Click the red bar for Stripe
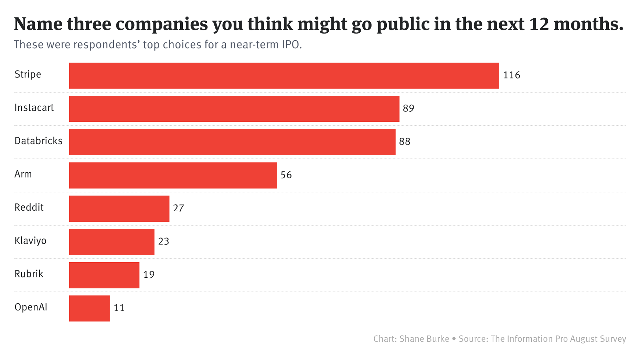click(284, 75)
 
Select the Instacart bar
click(234, 109)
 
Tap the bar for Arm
click(173, 175)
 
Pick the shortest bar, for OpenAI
click(89, 308)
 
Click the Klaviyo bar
click(111, 242)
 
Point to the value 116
click(511, 75)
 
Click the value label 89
click(408, 109)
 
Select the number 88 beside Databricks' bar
click(405, 142)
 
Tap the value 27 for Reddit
click(178, 208)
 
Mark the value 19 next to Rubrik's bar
click(149, 275)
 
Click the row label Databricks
click(38, 141)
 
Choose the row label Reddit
click(29, 208)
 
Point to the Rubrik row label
click(29, 274)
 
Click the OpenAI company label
click(31, 307)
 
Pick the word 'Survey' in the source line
click(613, 339)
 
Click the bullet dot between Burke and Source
click(454, 339)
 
